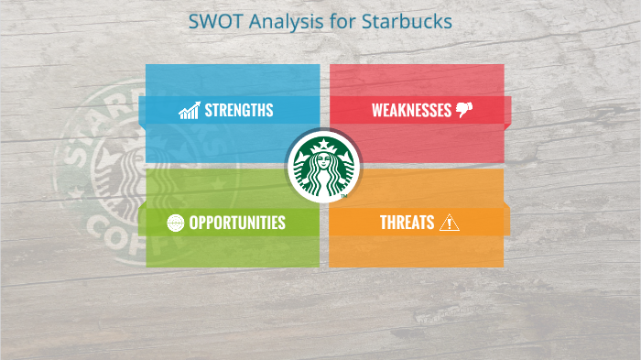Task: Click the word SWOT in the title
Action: click(x=212, y=20)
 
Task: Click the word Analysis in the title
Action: click(x=277, y=21)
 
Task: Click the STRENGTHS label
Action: click(x=238, y=111)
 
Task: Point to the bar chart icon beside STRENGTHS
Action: click(x=190, y=111)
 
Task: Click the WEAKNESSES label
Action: click(x=411, y=111)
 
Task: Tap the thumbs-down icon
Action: click(x=464, y=110)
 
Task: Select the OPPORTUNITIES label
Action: click(x=237, y=223)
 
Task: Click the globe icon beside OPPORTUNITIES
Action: click(x=176, y=223)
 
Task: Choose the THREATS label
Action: click(x=407, y=223)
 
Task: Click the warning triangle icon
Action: click(x=450, y=223)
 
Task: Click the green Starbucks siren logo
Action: click(x=320, y=168)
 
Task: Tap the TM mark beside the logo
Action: click(x=343, y=195)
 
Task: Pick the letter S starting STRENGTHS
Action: click(x=208, y=111)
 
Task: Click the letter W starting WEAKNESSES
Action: click(x=377, y=111)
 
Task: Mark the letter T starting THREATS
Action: click(x=384, y=223)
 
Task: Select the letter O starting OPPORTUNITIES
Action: click(x=194, y=223)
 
